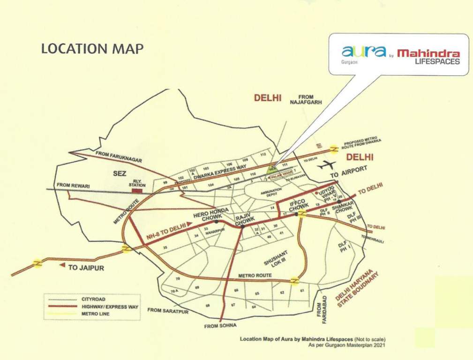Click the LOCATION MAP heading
[x=92, y=49]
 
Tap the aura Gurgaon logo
[x=363, y=53]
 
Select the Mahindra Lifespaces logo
[x=428, y=57]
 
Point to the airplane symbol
[x=326, y=165]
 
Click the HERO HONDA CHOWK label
[x=211, y=215]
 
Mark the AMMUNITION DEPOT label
[x=271, y=192]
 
